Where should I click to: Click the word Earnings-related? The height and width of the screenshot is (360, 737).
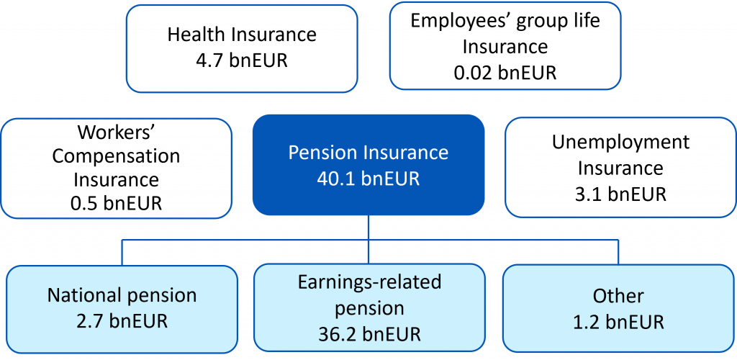coord(368,282)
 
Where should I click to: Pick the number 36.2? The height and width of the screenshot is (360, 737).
coord(339,335)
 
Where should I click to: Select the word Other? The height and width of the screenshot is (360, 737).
coord(618,295)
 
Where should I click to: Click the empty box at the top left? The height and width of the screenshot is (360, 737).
coord(242,48)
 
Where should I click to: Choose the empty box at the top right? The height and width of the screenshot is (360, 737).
coord(505,46)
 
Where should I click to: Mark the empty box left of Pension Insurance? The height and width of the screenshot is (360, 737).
coord(117,168)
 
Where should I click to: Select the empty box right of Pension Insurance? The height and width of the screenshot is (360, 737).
coord(620,167)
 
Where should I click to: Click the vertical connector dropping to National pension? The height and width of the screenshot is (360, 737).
coord(122,252)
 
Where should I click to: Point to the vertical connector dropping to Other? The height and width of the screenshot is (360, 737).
coord(618,252)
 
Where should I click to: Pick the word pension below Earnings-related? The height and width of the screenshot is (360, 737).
coord(368,309)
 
